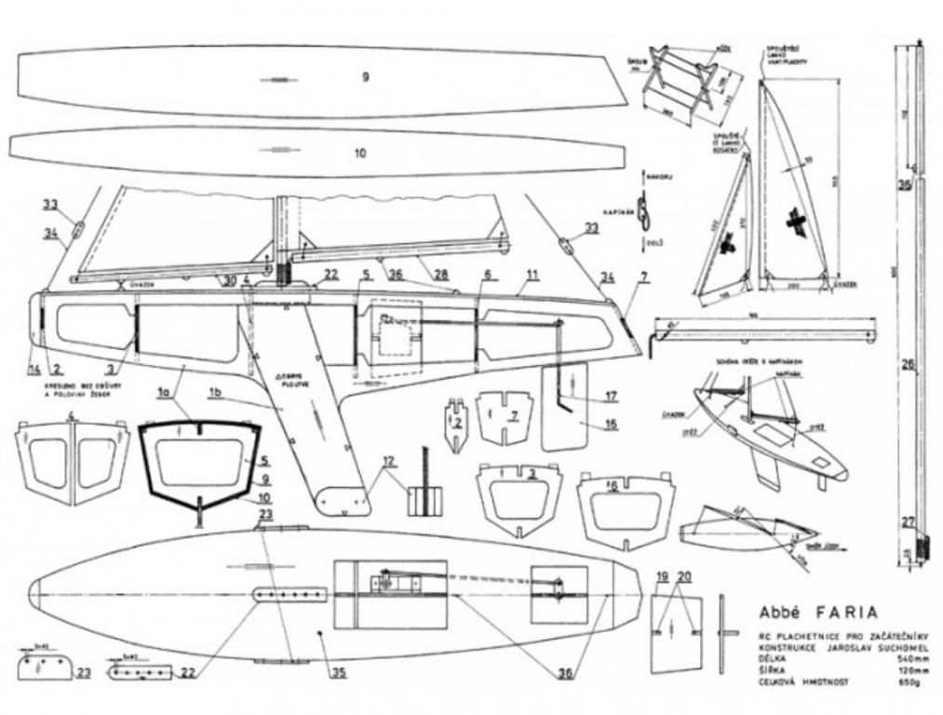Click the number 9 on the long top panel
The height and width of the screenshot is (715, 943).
pyautogui.click(x=365, y=78)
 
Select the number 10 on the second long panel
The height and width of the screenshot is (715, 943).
pyautogui.click(x=360, y=153)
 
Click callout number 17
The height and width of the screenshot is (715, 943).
pyautogui.click(x=610, y=397)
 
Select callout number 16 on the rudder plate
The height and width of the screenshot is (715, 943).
pyautogui.click(x=610, y=424)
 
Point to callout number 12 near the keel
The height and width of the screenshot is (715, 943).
pyautogui.click(x=388, y=460)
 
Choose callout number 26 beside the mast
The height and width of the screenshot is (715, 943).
pyautogui.click(x=906, y=364)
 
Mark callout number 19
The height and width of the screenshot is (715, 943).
pyautogui.click(x=662, y=577)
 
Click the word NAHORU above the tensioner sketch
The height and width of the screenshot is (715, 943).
pyautogui.click(x=659, y=173)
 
